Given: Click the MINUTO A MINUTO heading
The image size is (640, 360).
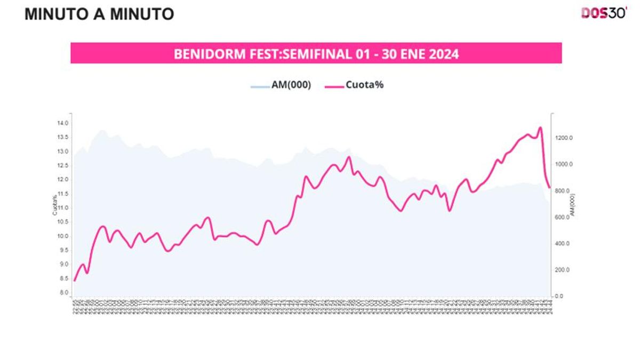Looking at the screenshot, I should click(x=99, y=14).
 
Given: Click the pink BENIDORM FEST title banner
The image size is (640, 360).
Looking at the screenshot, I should click(x=316, y=53).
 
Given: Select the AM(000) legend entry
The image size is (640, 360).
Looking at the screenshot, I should click(x=281, y=85).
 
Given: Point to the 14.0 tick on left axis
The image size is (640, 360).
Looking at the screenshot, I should click(x=63, y=123).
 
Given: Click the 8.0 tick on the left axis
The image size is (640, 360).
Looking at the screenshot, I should click(x=63, y=293).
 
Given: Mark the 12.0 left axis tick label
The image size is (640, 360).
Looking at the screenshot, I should click(x=63, y=180).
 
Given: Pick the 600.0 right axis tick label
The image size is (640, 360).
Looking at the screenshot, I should click(x=563, y=217).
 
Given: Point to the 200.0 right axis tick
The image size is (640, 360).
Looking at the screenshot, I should click(x=563, y=270).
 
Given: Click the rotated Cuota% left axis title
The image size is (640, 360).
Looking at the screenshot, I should click(x=54, y=206).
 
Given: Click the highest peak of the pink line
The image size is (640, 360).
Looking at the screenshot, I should click(x=540, y=127).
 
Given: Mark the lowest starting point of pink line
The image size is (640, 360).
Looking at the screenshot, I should click(x=75, y=281).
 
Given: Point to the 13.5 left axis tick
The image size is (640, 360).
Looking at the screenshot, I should click(x=63, y=137).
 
